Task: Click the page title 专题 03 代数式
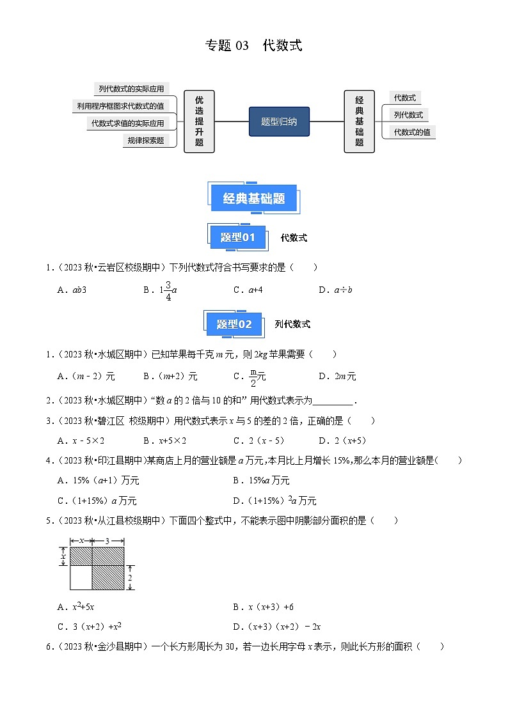click(x=253, y=45)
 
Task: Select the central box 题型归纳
click(x=279, y=121)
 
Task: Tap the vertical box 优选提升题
click(x=199, y=121)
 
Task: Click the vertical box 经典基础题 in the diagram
click(x=359, y=121)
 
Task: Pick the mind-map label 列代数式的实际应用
click(x=131, y=89)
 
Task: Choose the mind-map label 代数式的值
click(x=411, y=132)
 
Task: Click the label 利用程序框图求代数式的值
click(x=120, y=106)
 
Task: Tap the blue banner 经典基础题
click(x=254, y=198)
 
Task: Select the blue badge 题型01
click(x=238, y=238)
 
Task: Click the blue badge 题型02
click(x=234, y=324)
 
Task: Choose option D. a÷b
click(x=335, y=290)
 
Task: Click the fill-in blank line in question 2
click(x=333, y=401)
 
